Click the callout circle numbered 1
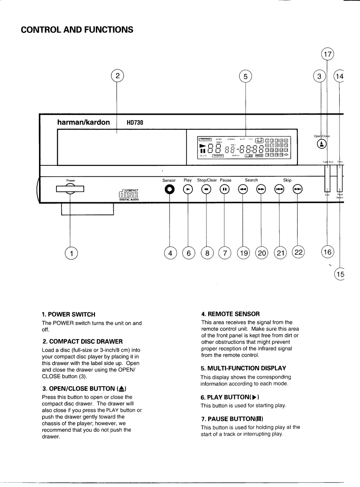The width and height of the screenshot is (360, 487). coord(72,253)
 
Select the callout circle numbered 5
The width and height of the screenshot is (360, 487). coord(245,76)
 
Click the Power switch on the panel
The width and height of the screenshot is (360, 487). coord(70,188)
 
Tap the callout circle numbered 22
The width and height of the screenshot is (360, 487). coord(298,253)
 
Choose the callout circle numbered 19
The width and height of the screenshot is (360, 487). coord(243,253)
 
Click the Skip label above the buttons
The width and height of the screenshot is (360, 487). coord(287,180)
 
